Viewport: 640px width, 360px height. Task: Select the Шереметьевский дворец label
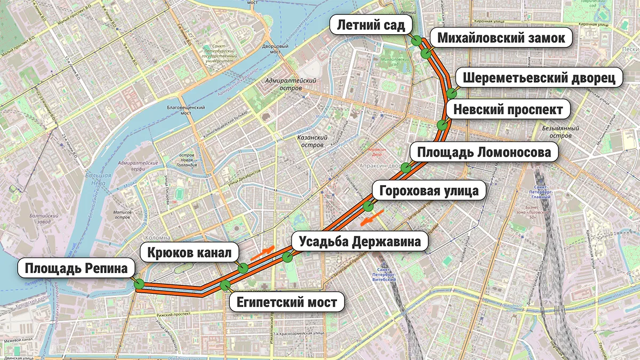coord(539,78)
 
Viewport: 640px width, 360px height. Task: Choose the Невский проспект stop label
coord(508,110)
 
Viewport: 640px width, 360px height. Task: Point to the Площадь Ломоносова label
coord(484,153)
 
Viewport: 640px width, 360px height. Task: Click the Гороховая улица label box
coord(429,190)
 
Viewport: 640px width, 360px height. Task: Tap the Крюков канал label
coord(189,253)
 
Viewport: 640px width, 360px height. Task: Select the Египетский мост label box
coord(284,302)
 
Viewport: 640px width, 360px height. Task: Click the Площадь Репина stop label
coord(75,268)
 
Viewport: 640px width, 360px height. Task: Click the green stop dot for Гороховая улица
coord(367,206)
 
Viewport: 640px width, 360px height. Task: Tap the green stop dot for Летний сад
coord(415,41)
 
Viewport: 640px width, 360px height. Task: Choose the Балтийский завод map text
coord(42,219)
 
